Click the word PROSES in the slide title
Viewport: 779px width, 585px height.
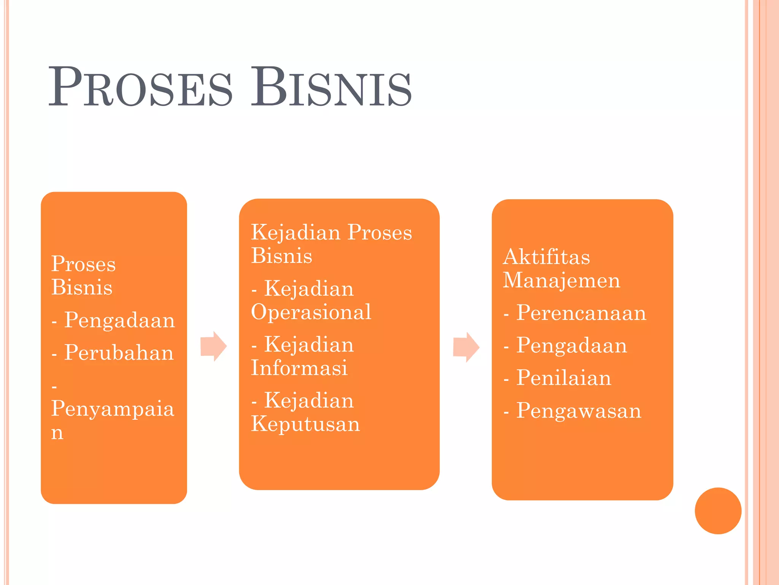[x=140, y=87]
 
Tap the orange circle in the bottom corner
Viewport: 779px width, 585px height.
[x=718, y=511]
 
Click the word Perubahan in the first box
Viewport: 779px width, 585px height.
[x=119, y=352]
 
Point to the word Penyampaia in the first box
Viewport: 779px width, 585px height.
[x=113, y=409]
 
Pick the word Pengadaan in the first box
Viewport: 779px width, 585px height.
[x=119, y=320]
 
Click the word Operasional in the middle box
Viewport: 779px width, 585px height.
[x=311, y=312]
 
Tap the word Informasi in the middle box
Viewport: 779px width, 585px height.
[x=299, y=368]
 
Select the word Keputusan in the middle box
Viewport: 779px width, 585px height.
[x=305, y=424]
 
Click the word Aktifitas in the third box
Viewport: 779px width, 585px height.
[x=546, y=257]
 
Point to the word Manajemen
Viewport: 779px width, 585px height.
[x=561, y=281]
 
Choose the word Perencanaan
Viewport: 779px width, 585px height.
[x=581, y=313]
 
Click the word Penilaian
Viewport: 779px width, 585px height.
[x=563, y=378]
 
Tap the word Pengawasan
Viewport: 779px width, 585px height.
[x=579, y=411]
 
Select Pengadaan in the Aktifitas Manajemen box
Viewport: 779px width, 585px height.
[x=571, y=345]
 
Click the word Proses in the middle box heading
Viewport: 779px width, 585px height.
[x=380, y=232]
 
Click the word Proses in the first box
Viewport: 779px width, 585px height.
[x=83, y=264]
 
